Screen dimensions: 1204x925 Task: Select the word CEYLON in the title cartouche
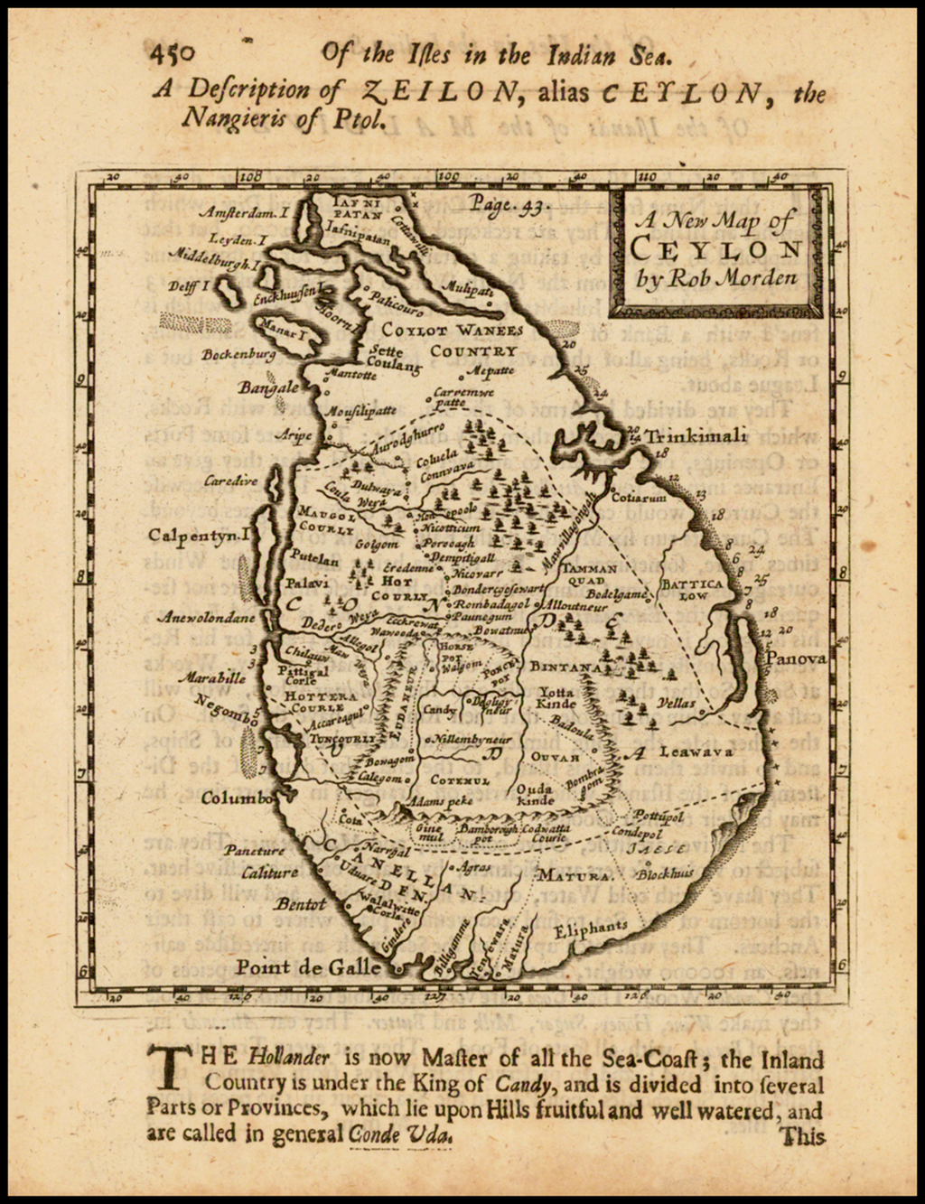(715, 249)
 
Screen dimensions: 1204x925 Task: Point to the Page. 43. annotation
(510, 206)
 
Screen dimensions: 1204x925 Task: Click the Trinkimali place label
(696, 436)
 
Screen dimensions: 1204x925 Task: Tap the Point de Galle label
(308, 967)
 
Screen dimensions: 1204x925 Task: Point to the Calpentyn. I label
(199, 536)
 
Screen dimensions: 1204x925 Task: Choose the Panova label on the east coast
(796, 658)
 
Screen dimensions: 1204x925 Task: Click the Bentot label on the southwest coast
(300, 904)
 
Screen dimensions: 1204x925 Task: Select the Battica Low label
(693, 590)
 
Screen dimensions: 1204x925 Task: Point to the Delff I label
(190, 285)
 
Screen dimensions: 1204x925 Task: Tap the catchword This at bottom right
(803, 1136)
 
